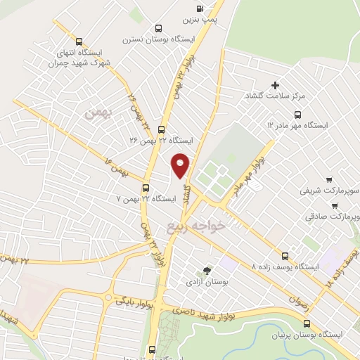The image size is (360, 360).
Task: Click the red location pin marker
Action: coord(181,165)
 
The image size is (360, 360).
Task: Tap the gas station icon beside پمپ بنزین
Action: coord(199,8)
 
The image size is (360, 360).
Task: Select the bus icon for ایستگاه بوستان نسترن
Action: coord(158,29)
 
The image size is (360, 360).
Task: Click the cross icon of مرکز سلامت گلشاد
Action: coord(275,85)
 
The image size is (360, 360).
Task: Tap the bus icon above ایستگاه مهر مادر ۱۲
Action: coord(297,115)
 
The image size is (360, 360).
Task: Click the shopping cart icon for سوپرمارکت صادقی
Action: coord(335,207)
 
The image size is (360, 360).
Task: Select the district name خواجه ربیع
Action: coord(197,226)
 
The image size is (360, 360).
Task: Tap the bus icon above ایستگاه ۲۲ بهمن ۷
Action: coord(146,188)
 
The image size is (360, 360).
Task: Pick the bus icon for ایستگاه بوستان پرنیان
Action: coord(307,323)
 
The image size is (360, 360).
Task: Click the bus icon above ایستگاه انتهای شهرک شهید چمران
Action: coord(79,41)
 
